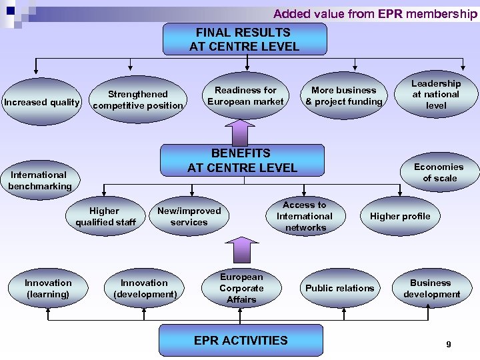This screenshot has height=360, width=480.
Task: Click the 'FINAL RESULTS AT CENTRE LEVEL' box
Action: pos(245,39)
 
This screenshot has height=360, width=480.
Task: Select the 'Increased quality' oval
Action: pos(41,102)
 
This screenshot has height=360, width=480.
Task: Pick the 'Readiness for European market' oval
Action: pos(245,96)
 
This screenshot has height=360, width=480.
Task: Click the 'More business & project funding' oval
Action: pos(344,96)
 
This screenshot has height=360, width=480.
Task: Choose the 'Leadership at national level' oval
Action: pos(436,95)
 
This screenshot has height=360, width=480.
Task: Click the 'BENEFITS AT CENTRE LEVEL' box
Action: pos(242,161)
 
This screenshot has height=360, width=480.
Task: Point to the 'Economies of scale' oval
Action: pos(438,173)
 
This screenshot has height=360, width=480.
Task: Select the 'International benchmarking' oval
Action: pos(40,181)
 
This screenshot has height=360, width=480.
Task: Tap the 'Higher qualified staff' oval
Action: pos(105,217)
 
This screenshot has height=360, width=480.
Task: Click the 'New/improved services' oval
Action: pos(189,217)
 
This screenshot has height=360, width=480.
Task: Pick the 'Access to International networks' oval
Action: pos(305,216)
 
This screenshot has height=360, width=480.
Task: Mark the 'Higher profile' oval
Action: pos(400,216)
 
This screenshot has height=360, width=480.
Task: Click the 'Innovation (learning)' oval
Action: pos(48,289)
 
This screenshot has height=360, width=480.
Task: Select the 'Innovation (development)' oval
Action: pos(145,289)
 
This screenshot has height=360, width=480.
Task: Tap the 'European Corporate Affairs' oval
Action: pos(241,288)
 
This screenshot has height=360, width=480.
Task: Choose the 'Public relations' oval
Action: pos(340,288)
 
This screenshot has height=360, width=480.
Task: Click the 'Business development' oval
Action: pos(431,289)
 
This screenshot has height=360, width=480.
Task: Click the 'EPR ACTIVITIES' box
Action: pos(241,340)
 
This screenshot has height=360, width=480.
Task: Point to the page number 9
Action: pos(449,345)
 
